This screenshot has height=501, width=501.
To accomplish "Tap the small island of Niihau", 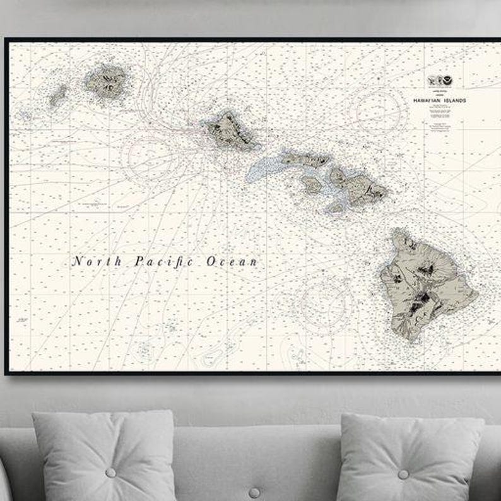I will coord(58,96).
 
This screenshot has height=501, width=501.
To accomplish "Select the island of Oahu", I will coord(228,129).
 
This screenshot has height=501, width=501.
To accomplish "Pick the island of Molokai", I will coord(305,160).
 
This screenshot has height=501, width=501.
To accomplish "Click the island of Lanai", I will coord(311,184).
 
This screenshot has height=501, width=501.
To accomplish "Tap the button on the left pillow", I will coord(110,473).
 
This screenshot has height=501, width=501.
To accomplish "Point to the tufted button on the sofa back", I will coord(254,492).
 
